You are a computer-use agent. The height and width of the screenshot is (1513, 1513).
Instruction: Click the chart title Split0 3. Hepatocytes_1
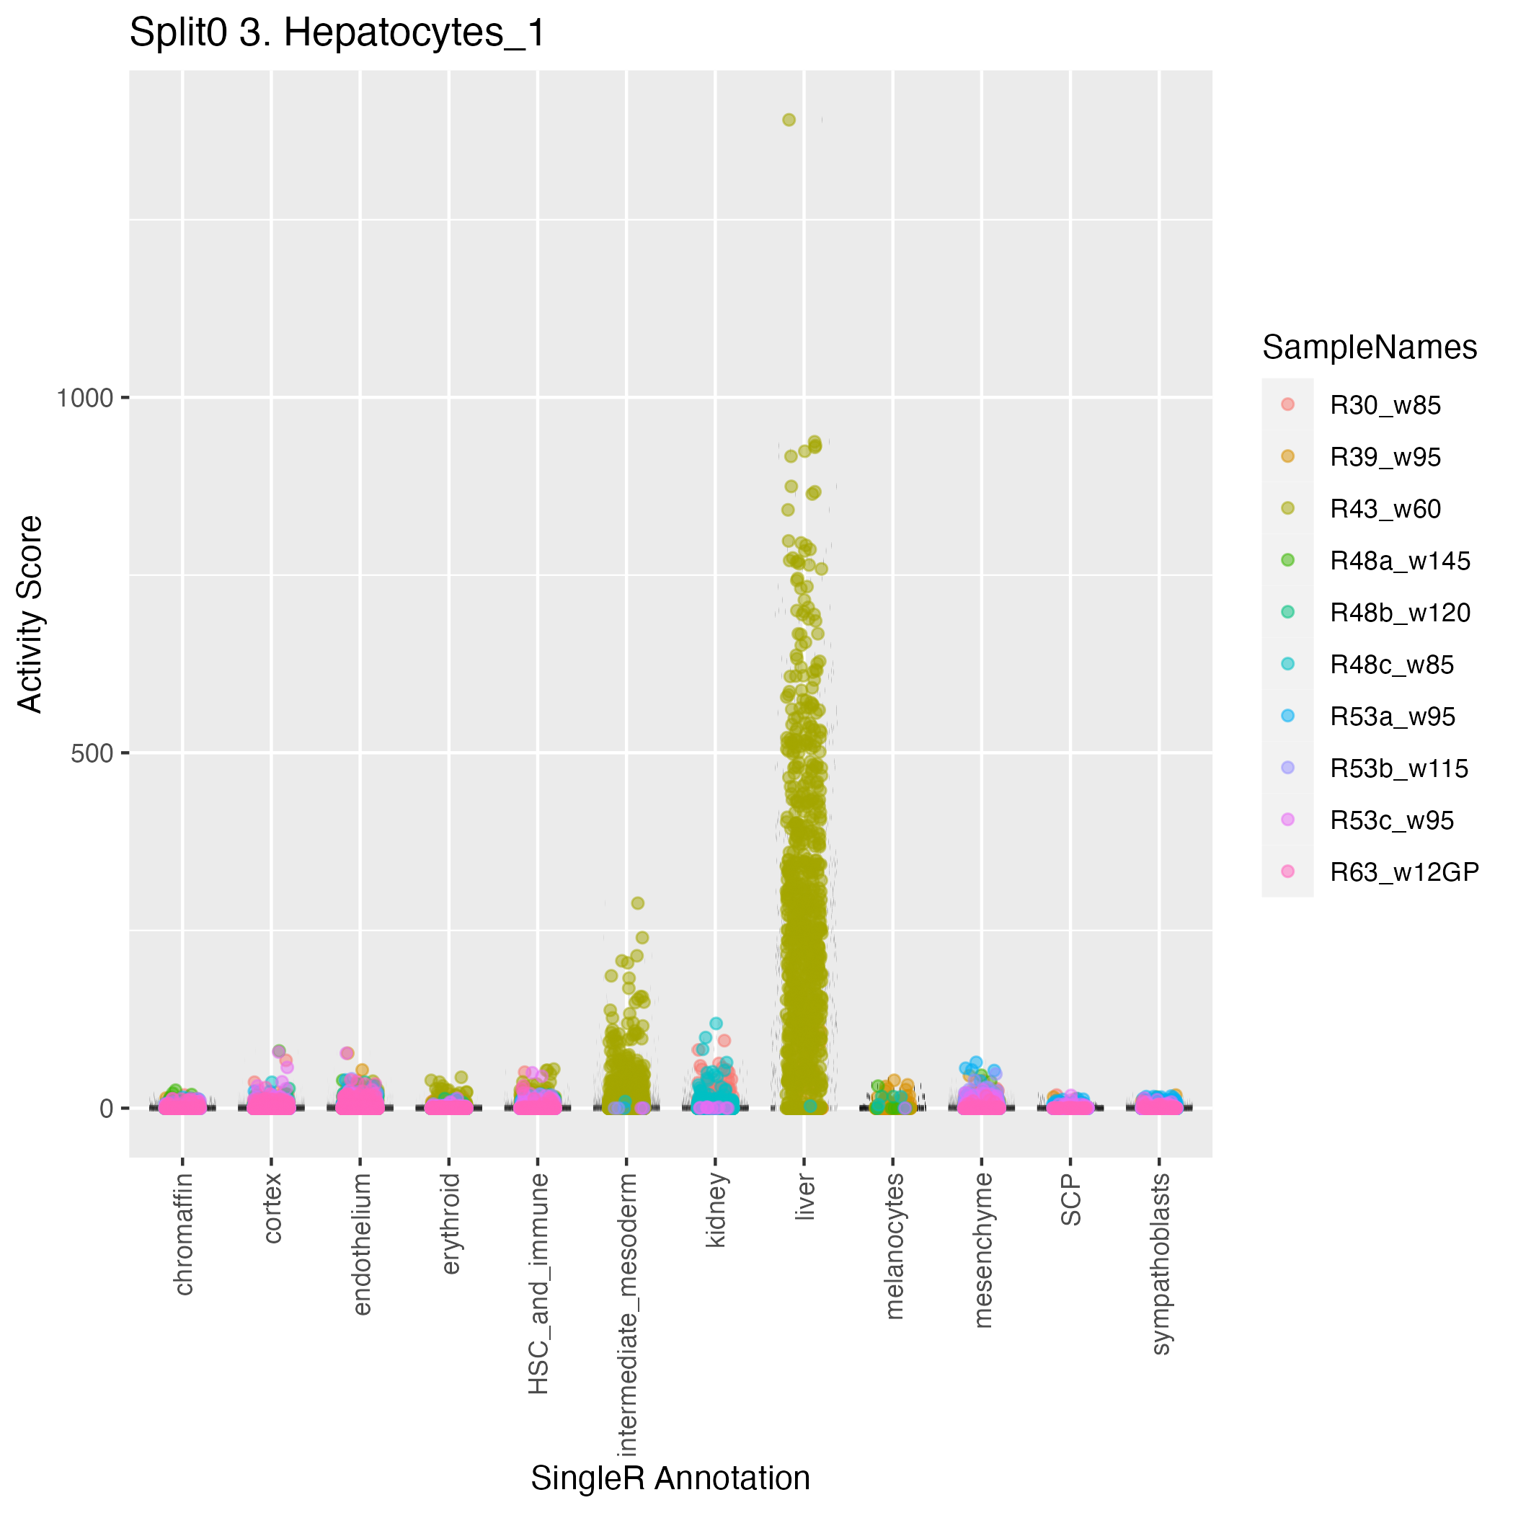[x=337, y=34]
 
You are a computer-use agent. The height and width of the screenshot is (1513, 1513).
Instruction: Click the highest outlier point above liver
[x=789, y=120]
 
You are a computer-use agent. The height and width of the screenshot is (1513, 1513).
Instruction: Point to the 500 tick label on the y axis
[x=92, y=753]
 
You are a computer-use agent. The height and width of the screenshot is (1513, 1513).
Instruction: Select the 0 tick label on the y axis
[x=107, y=1109]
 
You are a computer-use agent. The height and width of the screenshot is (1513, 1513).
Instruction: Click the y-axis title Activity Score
[x=30, y=613]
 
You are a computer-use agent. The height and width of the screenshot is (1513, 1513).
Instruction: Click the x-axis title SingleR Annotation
[x=670, y=1478]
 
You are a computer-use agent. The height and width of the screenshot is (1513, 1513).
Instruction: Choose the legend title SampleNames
[x=1370, y=347]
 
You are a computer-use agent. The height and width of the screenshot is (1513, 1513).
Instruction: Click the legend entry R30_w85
[x=1385, y=406]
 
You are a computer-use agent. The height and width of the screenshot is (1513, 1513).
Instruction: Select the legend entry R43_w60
[x=1385, y=510]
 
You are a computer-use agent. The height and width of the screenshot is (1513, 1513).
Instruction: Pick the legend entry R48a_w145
[x=1399, y=562]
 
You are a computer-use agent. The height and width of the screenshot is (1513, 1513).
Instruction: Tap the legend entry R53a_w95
[x=1392, y=716]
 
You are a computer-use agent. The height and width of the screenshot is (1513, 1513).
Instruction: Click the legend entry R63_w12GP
[x=1404, y=872]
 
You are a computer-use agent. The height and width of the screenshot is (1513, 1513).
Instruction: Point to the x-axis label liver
[x=805, y=1197]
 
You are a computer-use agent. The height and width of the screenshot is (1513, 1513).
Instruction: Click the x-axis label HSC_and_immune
[x=538, y=1284]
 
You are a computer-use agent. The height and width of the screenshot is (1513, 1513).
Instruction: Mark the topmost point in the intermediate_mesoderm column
[x=637, y=903]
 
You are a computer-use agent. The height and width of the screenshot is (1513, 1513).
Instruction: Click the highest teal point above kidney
[x=716, y=1024]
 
